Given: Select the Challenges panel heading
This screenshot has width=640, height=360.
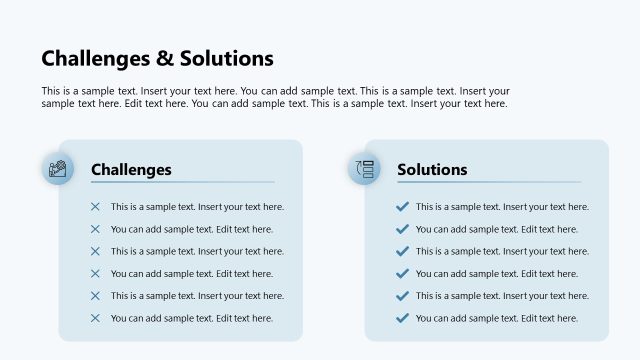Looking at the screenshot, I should pyautogui.click(x=131, y=170).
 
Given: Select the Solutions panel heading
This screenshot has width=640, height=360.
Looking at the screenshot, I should pyautogui.click(x=432, y=170).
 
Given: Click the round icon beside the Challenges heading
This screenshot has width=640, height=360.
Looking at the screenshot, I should pyautogui.click(x=58, y=169).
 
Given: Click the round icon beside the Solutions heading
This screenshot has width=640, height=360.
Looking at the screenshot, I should pyautogui.click(x=364, y=169).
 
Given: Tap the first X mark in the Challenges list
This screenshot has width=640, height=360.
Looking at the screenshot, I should pyautogui.click(x=95, y=207).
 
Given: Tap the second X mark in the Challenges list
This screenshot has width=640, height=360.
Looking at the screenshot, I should pyautogui.click(x=95, y=229).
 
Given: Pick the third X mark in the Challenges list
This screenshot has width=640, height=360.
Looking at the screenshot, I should pyautogui.click(x=95, y=251).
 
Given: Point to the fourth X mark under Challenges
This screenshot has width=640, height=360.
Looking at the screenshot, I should pyautogui.click(x=95, y=273).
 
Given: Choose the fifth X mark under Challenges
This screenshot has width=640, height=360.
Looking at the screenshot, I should pyautogui.click(x=95, y=295).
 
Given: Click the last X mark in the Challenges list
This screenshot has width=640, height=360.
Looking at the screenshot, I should pyautogui.click(x=95, y=318).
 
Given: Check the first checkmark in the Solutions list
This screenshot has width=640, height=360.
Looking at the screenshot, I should pyautogui.click(x=402, y=207).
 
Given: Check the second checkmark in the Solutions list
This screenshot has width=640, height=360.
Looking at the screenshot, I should pyautogui.click(x=402, y=229).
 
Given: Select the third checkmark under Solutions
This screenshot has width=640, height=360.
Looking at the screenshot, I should pyautogui.click(x=402, y=251).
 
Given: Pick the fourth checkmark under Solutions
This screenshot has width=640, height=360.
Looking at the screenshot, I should pyautogui.click(x=402, y=273).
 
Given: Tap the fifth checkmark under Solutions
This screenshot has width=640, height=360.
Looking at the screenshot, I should pyautogui.click(x=402, y=295).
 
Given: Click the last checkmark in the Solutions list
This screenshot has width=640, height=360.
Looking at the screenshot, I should pyautogui.click(x=402, y=318).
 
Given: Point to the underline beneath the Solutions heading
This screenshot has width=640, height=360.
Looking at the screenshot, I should pyautogui.click(x=488, y=182).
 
